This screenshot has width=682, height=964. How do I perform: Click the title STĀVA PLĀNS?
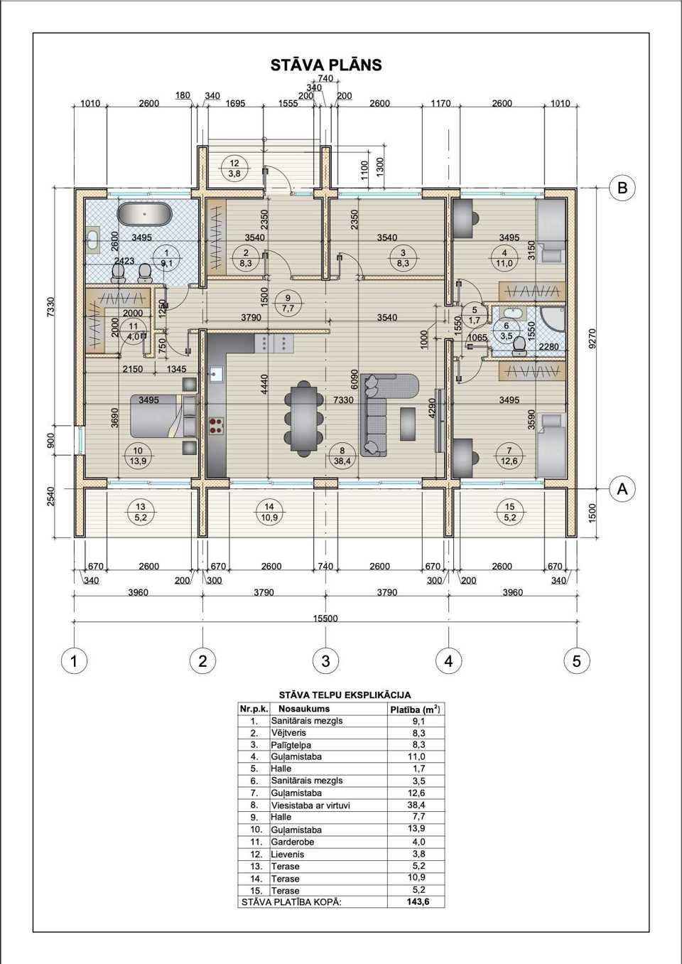click(x=326, y=65)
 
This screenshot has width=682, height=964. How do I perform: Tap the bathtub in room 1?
click(x=145, y=213)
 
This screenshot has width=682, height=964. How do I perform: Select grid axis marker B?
click(x=622, y=188)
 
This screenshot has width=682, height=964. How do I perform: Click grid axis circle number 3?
click(x=325, y=660)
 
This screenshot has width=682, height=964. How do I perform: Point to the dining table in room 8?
click(x=304, y=418)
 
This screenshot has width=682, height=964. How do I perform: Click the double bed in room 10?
click(x=163, y=416)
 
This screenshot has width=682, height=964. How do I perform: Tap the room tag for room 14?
click(x=269, y=513)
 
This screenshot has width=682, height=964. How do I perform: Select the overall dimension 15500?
click(x=325, y=618)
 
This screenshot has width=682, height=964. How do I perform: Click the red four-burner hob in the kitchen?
click(x=216, y=426)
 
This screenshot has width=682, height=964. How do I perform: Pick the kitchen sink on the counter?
click(x=216, y=375)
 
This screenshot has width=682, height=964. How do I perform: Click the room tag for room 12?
click(x=234, y=168)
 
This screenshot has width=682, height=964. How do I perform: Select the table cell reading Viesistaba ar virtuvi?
click(x=310, y=805)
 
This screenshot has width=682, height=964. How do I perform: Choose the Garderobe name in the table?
click(x=293, y=841)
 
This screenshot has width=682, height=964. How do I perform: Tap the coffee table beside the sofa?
click(x=408, y=424)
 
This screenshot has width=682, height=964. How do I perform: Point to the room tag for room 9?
click(x=288, y=303)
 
